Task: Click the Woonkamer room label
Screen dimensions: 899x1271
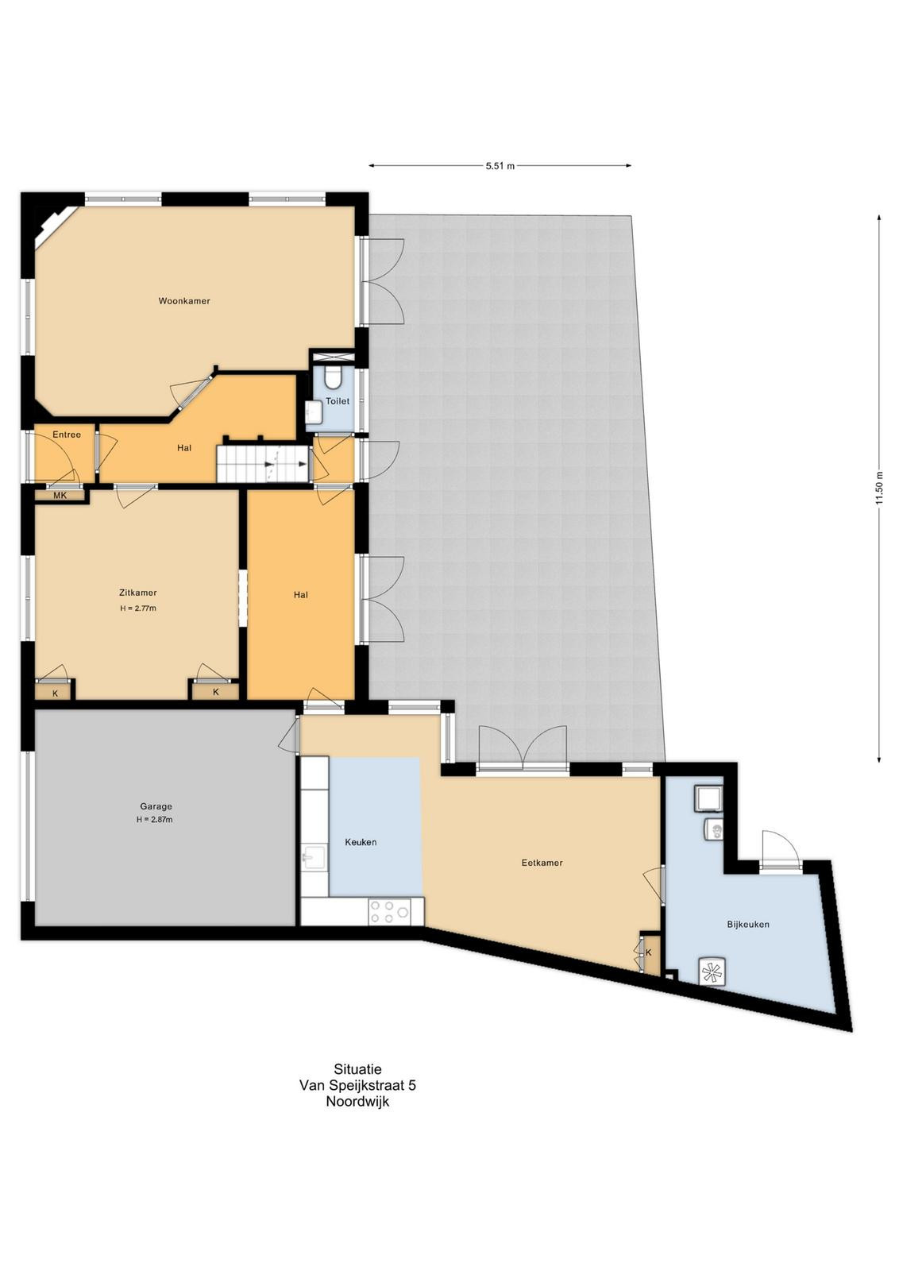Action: pos(184,301)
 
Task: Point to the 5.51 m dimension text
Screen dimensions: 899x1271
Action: pos(500,166)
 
